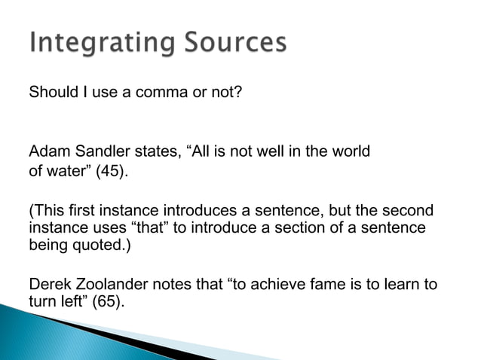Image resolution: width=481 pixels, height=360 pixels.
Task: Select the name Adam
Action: tap(47, 151)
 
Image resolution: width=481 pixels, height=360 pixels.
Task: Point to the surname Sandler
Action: tap(97, 151)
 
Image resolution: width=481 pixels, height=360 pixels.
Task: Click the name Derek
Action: tap(47, 285)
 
